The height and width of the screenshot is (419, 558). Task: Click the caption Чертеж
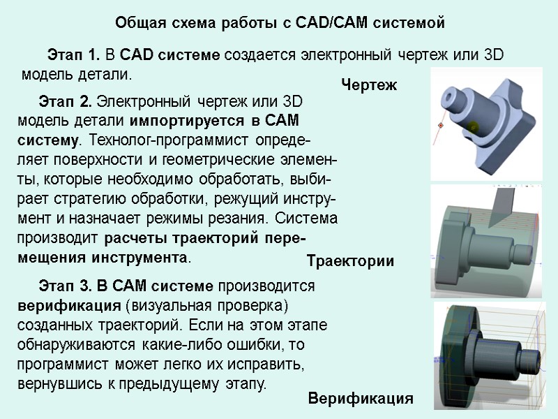coord(369,86)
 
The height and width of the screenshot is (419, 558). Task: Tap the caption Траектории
coord(351,262)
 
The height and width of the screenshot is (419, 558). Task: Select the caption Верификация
coord(361,399)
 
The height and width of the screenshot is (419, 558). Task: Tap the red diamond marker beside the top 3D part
coord(441,125)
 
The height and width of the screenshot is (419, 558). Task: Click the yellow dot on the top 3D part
coord(474,126)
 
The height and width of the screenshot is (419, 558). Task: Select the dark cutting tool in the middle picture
coord(502,203)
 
